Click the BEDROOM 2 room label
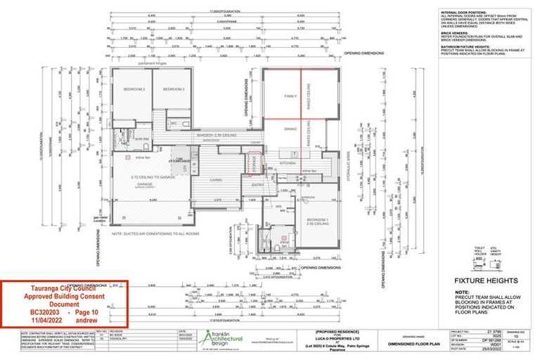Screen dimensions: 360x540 coord(134,89)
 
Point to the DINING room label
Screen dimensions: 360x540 coord(290,129)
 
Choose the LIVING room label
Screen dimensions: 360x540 coord(216,180)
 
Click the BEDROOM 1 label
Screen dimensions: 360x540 coord(317,221)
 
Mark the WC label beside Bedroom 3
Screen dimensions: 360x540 coord(173,123)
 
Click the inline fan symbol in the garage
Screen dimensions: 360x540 coord(129,158)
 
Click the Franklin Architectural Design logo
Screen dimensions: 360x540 coord(222,337)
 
